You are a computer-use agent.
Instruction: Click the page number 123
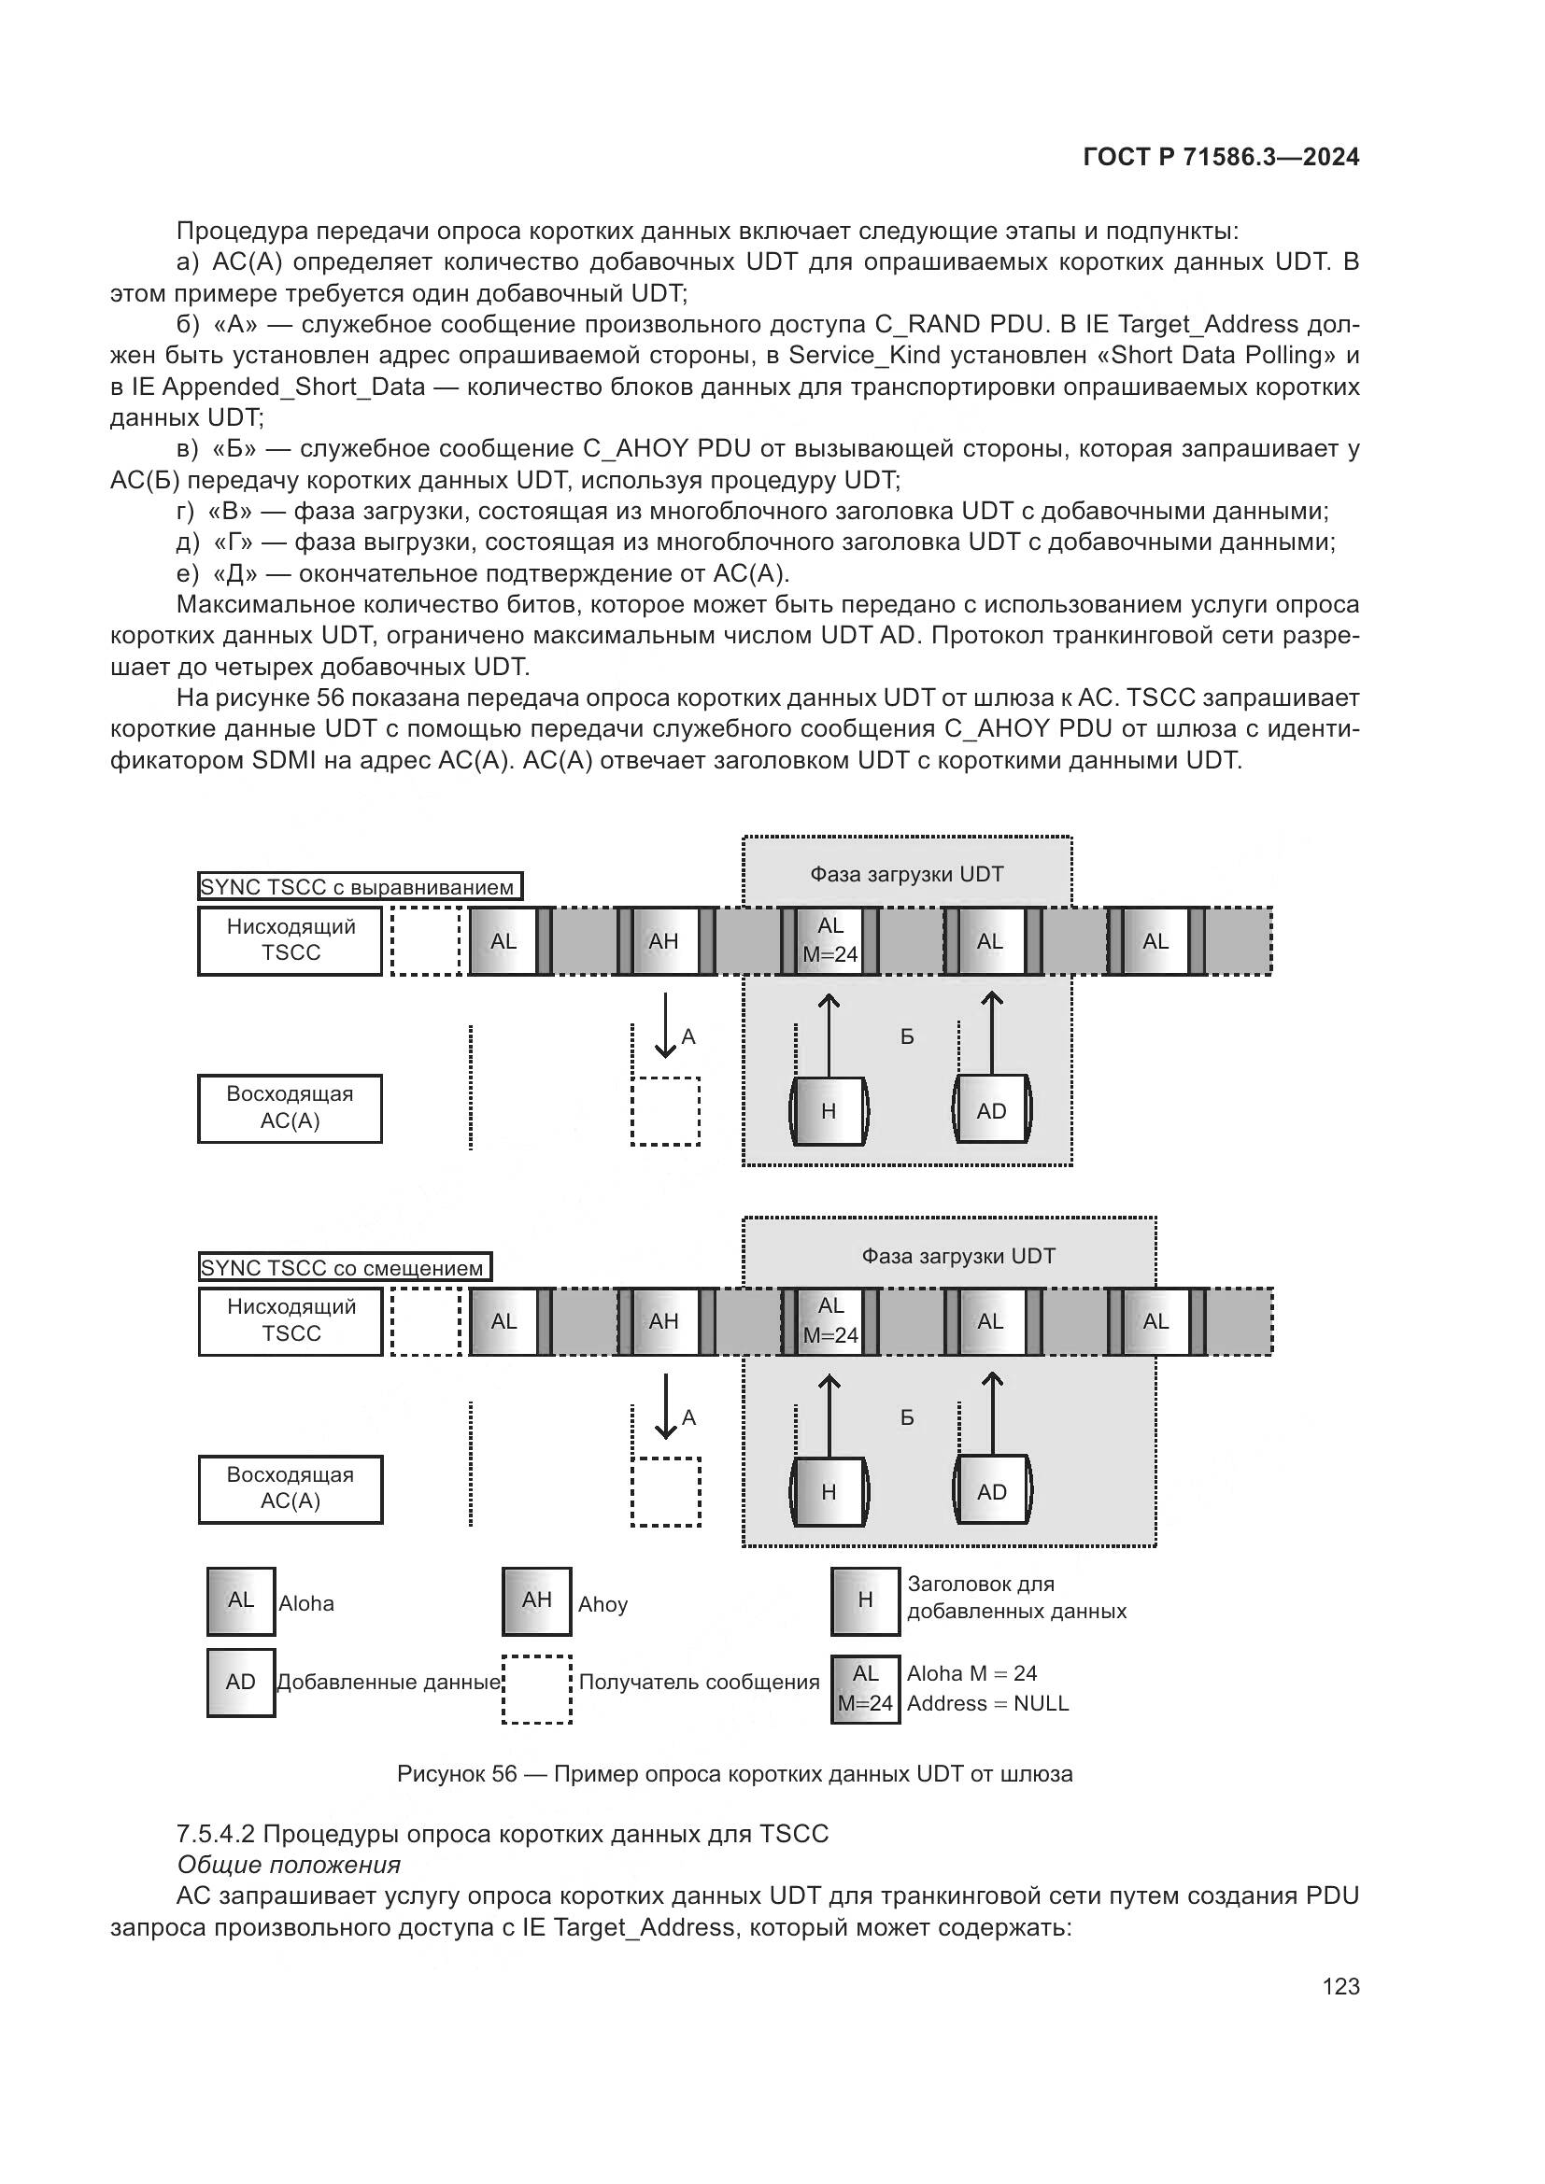point(1339,1985)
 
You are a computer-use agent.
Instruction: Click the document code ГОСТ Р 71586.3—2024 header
point(1221,157)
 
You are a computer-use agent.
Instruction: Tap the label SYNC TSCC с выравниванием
point(359,887)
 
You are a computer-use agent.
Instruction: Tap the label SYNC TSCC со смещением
point(344,1268)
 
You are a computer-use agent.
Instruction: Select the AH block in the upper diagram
point(664,942)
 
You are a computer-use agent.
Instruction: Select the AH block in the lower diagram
point(664,1321)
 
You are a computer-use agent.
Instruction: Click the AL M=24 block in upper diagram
point(829,941)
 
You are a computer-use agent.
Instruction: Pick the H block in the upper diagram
point(829,1111)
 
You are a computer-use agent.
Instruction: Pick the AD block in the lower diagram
point(991,1491)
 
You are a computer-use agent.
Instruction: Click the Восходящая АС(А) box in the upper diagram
point(291,1108)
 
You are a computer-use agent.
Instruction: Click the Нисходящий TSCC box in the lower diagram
point(291,1320)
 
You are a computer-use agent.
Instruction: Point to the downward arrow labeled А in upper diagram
point(665,1026)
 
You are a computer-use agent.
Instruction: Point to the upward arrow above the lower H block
point(829,1415)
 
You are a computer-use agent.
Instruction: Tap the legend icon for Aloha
point(241,1601)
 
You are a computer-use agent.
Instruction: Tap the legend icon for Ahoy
point(536,1601)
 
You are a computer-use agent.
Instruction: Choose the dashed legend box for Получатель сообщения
point(536,1689)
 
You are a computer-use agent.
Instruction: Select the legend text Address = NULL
point(987,1703)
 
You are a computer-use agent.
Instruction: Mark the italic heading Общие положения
point(290,1865)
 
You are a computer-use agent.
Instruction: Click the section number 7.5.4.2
point(215,1834)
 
